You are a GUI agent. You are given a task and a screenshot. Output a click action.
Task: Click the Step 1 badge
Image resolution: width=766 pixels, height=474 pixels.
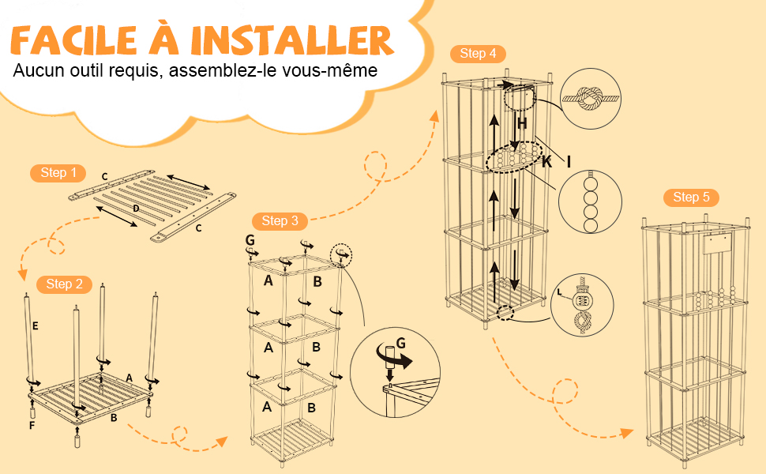[x=58, y=173]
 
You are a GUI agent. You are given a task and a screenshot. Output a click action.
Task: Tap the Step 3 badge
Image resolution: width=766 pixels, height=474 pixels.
[x=280, y=220]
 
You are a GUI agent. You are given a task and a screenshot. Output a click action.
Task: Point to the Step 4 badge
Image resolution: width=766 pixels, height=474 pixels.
[x=478, y=54]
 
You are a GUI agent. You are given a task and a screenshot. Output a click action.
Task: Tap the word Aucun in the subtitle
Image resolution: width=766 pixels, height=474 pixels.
[x=36, y=70]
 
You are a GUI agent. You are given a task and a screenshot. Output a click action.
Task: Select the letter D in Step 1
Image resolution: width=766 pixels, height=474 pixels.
[x=136, y=209]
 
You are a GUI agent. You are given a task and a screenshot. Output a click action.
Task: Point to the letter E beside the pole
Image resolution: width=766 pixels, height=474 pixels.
[x=34, y=325]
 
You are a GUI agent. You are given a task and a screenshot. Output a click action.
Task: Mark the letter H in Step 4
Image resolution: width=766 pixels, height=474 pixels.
[x=522, y=122]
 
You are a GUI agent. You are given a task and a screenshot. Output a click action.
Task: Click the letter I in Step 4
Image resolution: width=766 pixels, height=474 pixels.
[x=568, y=162]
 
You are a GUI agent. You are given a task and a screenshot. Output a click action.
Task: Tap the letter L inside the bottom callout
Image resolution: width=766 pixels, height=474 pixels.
[x=561, y=292]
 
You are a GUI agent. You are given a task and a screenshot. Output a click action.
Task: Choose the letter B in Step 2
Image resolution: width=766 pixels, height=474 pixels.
[x=115, y=418]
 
